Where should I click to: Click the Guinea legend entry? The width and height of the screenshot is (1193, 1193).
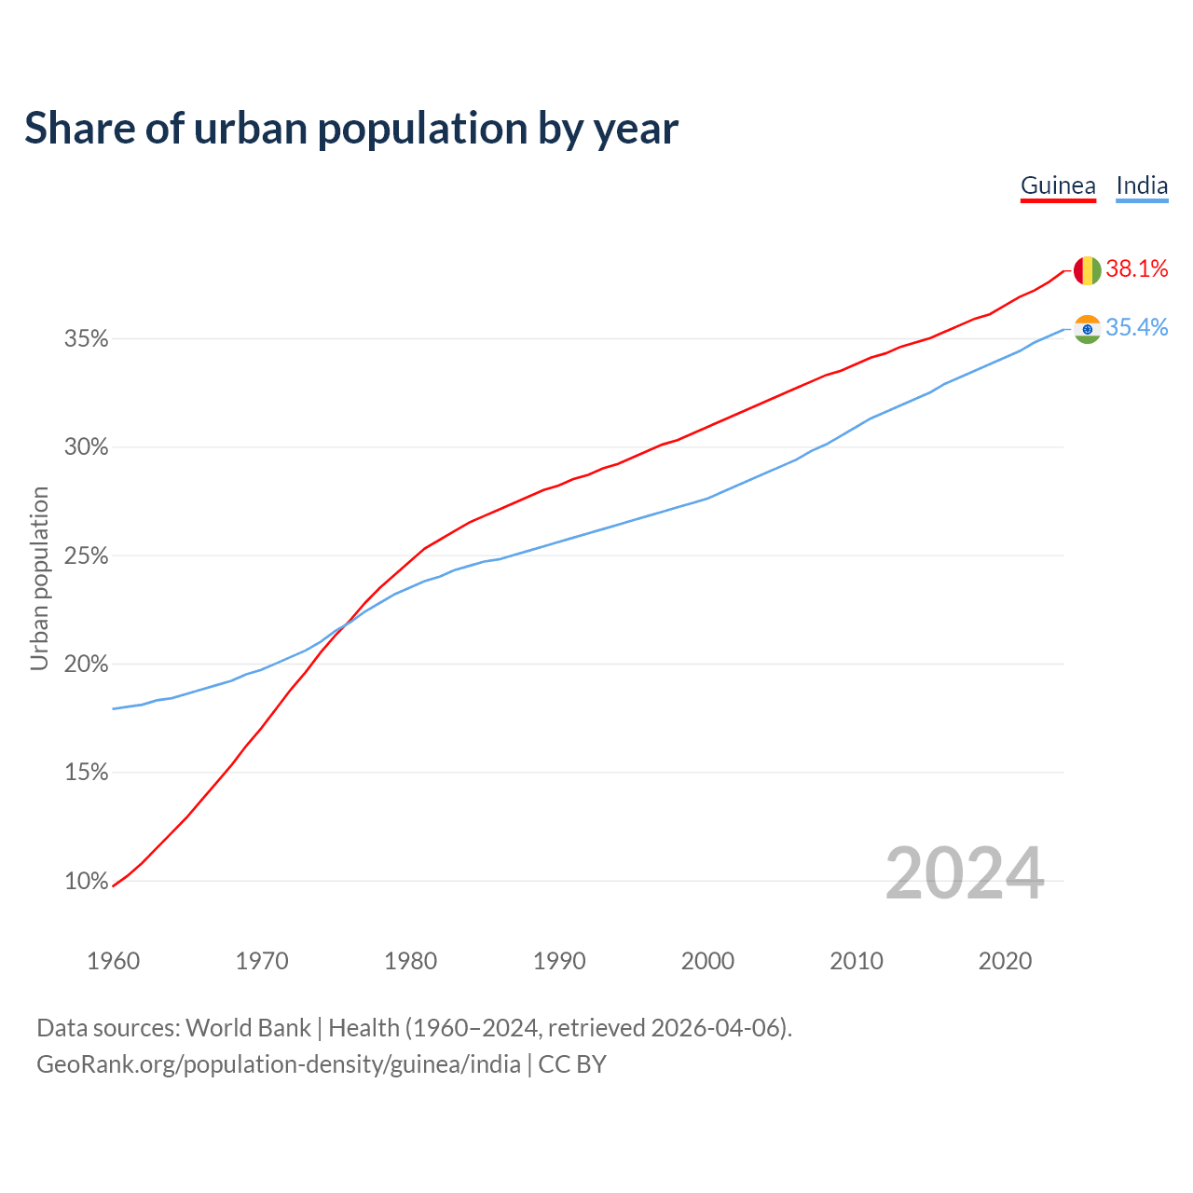click(x=1058, y=185)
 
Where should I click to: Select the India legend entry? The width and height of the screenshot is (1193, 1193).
click(x=1142, y=185)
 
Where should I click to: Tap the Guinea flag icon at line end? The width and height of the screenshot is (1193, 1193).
click(x=1087, y=270)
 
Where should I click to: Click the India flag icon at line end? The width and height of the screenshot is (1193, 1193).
click(x=1087, y=329)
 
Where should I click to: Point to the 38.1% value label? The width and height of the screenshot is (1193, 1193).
click(x=1137, y=269)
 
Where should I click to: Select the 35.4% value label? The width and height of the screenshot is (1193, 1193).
click(x=1137, y=327)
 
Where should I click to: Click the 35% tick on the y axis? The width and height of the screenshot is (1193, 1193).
click(x=87, y=339)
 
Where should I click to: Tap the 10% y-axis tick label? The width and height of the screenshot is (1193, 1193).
click(x=87, y=882)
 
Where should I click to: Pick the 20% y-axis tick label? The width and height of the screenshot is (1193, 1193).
click(x=87, y=665)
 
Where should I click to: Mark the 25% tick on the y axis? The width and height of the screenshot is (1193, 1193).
click(x=87, y=556)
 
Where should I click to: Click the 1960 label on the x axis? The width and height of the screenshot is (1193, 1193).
click(x=114, y=961)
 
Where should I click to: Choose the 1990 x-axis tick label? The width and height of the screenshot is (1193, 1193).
click(x=559, y=961)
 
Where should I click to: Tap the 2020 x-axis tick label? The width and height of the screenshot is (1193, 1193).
click(x=1005, y=961)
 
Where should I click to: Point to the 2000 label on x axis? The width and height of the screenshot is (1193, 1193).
click(x=708, y=961)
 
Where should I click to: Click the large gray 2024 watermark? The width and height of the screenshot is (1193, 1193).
click(x=965, y=873)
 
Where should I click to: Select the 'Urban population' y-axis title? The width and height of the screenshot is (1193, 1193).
click(x=39, y=578)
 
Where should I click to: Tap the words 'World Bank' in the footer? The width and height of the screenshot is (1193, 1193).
click(x=248, y=1028)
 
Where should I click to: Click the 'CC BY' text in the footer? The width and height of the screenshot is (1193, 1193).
click(x=572, y=1064)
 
